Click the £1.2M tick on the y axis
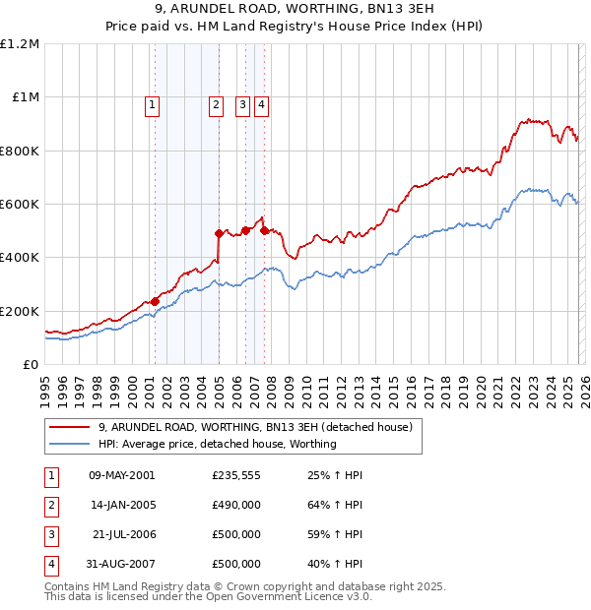[20, 44]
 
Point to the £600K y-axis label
[20, 205]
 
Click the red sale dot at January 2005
[219, 234]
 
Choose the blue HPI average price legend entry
[217, 444]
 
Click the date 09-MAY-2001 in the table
[121, 476]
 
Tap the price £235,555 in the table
[236, 476]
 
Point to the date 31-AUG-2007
[121, 565]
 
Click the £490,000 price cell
[236, 506]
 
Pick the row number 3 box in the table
[50, 535]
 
